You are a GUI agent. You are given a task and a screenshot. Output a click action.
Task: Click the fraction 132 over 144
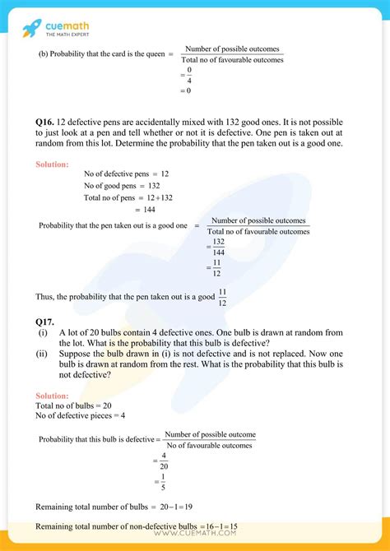218,248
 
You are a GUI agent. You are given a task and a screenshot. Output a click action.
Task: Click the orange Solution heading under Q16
52,164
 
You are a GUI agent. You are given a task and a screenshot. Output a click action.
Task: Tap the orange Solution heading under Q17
52,396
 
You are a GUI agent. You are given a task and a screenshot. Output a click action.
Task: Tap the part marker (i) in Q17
42,331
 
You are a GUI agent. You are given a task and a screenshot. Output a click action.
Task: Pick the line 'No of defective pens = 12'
126,174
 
